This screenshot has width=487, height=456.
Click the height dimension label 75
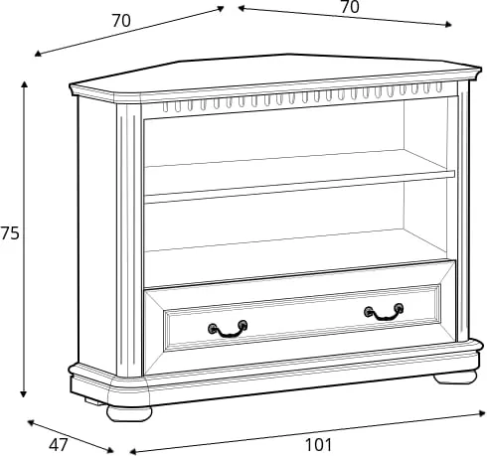point(10,233)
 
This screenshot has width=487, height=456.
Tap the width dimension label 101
point(318,445)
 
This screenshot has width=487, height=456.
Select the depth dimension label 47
point(59,444)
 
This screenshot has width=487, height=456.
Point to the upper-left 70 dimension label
point(121,21)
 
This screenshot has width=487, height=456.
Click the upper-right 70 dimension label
point(350,7)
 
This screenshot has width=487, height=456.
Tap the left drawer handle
point(228,329)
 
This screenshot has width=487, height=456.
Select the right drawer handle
point(384,312)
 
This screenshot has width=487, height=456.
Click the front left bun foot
point(129,413)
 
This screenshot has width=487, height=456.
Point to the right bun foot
point(455,377)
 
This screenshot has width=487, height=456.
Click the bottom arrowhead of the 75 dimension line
point(23,394)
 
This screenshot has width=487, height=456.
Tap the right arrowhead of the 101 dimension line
point(483,413)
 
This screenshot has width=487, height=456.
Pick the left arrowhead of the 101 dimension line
point(132,452)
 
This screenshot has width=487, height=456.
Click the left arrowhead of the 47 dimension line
point(30,422)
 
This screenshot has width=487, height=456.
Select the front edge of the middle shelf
point(299,188)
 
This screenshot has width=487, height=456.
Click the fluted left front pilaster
point(129,240)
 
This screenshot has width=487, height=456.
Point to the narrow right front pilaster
point(463,212)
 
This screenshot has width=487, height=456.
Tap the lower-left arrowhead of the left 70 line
point(37,54)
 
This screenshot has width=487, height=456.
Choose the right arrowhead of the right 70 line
point(449,25)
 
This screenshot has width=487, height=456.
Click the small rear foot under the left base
point(93,401)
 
